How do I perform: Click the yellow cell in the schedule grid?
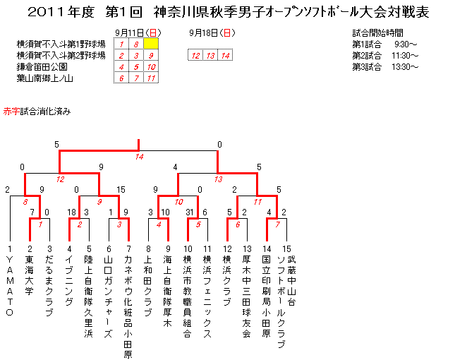point(151,44)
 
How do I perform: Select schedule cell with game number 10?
point(151,67)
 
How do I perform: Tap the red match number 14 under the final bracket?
point(139,157)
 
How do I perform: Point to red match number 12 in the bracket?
point(60,179)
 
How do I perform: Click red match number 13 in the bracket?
point(218,179)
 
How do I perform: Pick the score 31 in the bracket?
point(190,212)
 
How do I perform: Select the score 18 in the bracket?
point(72,212)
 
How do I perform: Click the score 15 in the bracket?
point(121,190)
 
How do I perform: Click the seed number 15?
point(286,248)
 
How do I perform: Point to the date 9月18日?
point(203,33)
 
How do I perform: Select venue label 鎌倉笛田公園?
point(42,67)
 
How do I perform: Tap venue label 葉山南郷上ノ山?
point(45,78)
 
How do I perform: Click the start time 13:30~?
point(405,67)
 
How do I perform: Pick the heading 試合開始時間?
point(378,33)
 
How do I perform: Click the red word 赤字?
point(11,112)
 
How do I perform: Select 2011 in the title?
point(47,12)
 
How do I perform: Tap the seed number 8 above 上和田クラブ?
point(148,248)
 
